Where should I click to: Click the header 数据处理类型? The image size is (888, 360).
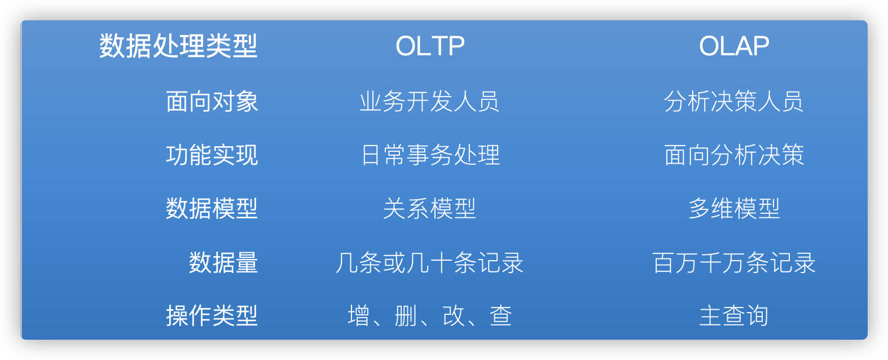178,46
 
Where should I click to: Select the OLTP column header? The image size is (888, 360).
430,46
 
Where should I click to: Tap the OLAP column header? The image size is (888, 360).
734,46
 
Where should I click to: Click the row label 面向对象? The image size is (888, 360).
212,102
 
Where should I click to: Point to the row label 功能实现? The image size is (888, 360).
212,155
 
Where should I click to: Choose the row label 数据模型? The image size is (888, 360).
212,208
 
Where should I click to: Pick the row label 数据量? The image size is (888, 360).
223,262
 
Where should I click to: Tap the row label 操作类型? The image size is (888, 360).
212,315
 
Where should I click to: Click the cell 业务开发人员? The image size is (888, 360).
430,102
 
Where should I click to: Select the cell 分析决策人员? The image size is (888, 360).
734,102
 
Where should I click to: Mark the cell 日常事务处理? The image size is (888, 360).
430,155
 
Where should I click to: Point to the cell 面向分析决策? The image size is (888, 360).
734,155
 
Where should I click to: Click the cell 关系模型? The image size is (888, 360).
430,208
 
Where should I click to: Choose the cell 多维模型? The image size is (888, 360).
734,208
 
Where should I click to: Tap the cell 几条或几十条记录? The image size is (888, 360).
430,262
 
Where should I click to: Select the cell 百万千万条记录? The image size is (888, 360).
734,262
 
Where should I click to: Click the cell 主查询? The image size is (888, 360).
734,315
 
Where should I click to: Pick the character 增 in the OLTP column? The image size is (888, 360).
359,315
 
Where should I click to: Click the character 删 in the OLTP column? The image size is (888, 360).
406,315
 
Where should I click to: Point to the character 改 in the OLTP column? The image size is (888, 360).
454,315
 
